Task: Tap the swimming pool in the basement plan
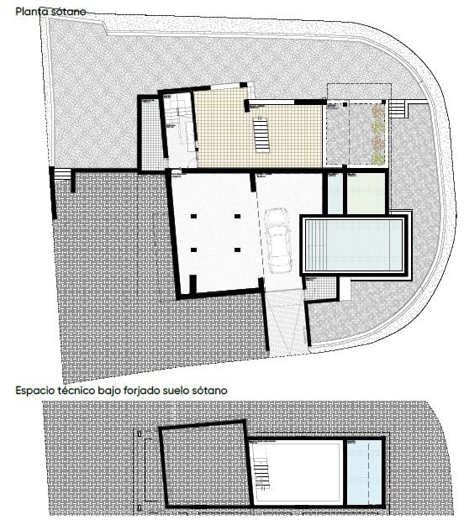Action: [354, 244]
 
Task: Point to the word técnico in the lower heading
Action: [89, 391]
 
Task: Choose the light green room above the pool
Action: [366, 193]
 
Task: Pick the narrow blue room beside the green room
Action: [335, 193]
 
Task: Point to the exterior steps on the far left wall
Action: [61, 175]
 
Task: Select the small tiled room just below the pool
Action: [320, 288]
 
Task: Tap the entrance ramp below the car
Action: [284, 319]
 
